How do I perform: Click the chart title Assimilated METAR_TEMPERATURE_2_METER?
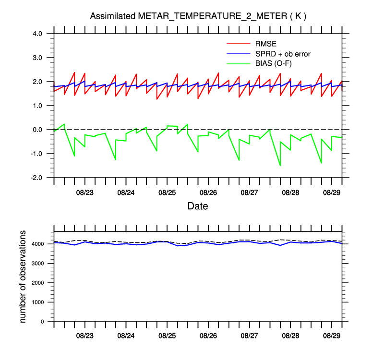coord(198,16)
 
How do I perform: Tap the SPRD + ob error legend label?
coord(283,54)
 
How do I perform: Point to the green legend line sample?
coord(238,63)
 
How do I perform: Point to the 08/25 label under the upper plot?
coord(167,192)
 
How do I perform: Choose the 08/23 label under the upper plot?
coord(84,192)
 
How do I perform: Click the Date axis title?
coord(197,206)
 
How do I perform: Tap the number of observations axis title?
coord(23,276)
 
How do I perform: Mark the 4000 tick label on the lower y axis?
coord(39,244)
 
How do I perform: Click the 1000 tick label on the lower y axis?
coord(39,302)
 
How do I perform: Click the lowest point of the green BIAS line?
coord(280,165)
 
